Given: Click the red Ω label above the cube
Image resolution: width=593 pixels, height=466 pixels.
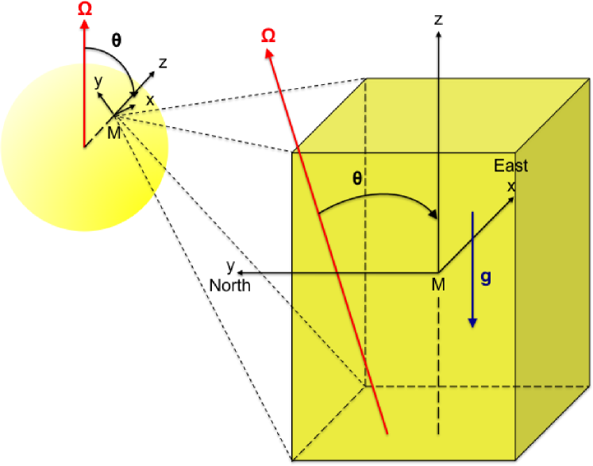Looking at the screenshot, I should [268, 37].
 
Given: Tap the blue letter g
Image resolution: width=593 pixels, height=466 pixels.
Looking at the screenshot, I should [486, 278].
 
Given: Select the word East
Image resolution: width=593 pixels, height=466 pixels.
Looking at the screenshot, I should [510, 166].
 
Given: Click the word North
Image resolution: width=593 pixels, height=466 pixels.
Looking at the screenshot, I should [230, 285].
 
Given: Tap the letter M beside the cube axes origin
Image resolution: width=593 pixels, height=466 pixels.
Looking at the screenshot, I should [437, 284].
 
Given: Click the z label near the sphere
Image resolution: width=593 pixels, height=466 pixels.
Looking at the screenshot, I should [162, 63].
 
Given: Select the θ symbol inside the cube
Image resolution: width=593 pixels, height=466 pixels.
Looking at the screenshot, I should [357, 179].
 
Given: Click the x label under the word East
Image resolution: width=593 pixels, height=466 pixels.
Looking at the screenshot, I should [511, 185].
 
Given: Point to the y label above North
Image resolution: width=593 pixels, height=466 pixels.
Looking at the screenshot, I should [230, 265].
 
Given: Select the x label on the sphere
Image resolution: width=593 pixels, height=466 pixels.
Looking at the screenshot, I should [149, 100].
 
